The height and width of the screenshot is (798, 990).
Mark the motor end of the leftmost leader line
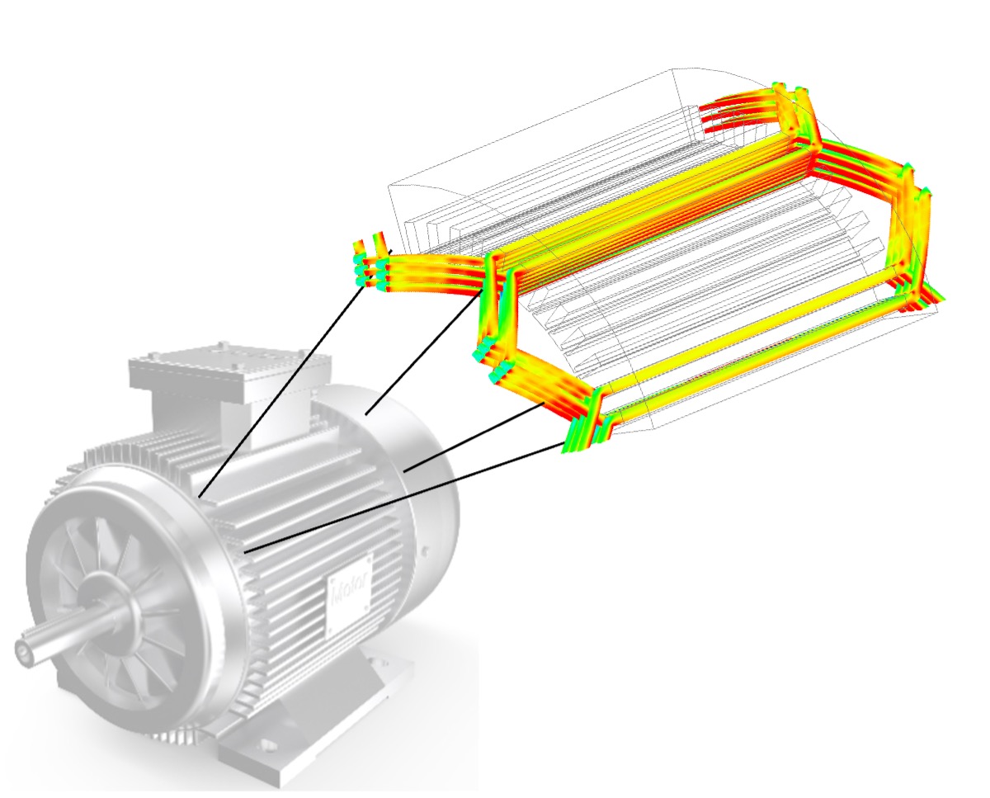tap(199, 498)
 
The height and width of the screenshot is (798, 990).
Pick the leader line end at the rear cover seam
tap(404, 470)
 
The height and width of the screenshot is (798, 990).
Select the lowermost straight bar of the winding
tap(742, 355)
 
